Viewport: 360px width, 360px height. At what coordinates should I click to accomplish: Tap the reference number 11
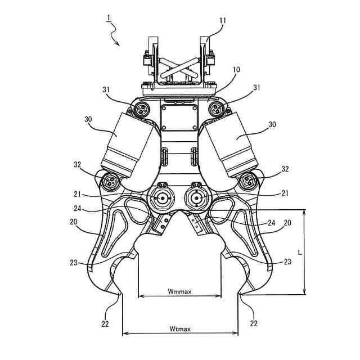coord(223,20)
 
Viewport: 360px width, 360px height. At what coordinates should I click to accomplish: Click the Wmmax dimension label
coord(179,291)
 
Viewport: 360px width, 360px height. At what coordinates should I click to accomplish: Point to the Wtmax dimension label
coord(179,328)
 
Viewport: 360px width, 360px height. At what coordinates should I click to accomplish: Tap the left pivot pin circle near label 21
coord(162,198)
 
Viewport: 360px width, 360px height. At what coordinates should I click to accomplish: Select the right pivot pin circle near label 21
coord(196,198)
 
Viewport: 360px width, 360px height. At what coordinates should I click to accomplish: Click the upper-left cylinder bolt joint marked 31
coord(141,108)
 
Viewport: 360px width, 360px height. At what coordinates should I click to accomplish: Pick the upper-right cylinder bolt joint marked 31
coord(217,108)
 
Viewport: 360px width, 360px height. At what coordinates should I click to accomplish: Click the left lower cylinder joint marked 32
coord(110,182)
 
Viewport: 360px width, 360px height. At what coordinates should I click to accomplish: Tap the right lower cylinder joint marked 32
coord(249,182)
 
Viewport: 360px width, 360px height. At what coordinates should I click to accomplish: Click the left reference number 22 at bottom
coord(106,323)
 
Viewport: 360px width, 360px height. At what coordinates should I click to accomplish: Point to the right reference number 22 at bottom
coord(254,323)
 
